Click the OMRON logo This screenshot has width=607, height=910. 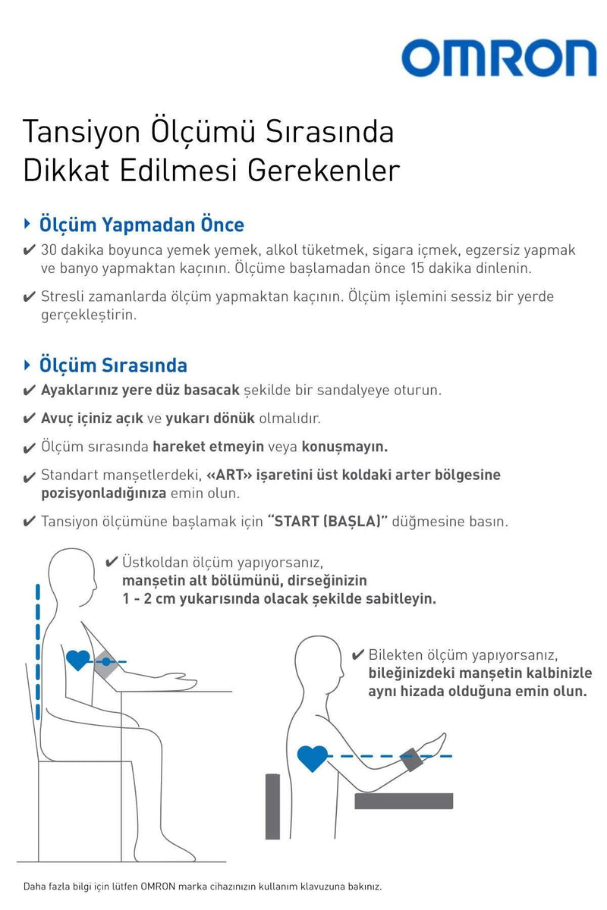(x=498, y=59)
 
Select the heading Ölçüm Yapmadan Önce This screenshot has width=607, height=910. (x=142, y=224)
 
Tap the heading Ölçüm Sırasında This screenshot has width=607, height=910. (x=113, y=365)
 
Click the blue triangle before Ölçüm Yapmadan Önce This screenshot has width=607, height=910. (x=27, y=224)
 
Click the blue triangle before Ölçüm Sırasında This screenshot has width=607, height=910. (x=27, y=364)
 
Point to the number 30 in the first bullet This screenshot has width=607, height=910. (x=49, y=250)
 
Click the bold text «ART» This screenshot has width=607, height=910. (x=225, y=475)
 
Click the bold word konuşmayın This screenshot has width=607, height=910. (x=344, y=446)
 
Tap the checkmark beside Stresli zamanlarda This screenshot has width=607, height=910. (x=29, y=297)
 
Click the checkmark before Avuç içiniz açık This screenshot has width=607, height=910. (x=29, y=419)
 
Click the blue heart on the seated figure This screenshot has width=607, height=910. (x=78, y=660)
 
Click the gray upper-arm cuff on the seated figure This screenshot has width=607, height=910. (x=104, y=663)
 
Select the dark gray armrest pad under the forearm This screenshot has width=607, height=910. (x=404, y=801)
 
